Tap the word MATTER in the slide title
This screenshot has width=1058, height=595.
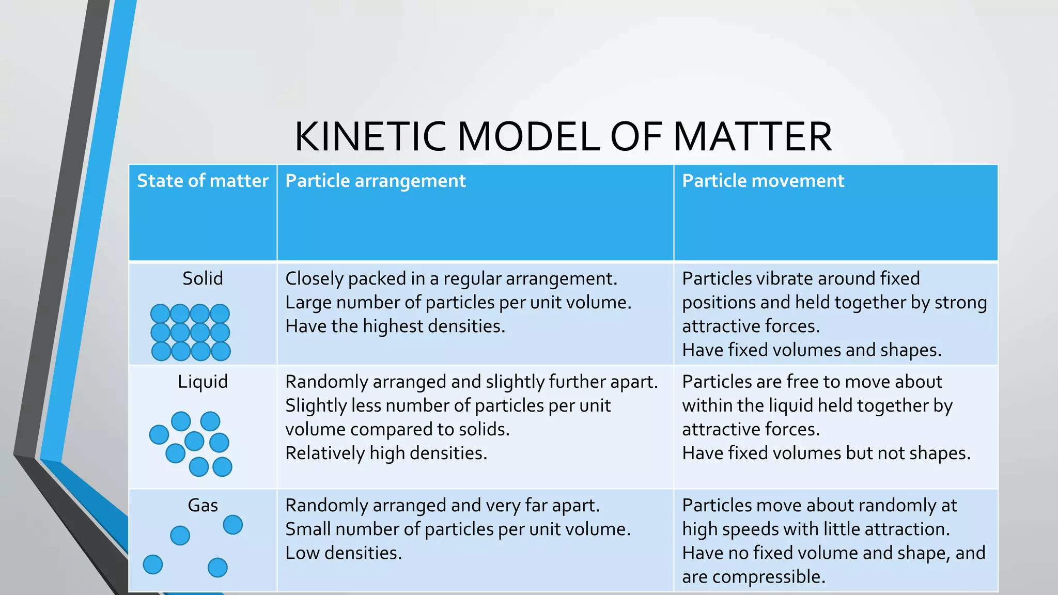pos(752,136)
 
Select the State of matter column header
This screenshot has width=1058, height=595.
pos(203,181)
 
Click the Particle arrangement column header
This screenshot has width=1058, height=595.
pos(376,181)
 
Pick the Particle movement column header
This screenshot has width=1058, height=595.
pos(763,181)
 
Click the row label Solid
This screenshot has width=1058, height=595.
pos(203,278)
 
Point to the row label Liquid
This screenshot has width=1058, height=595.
pos(203,382)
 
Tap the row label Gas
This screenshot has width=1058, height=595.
pos(203,505)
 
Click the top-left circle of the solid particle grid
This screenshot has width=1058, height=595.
pos(160,314)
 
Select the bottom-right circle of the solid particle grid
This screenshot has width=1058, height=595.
pos(221,351)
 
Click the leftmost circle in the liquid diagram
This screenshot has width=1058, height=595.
pos(159,434)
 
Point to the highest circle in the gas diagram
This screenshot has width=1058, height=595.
pos(232,525)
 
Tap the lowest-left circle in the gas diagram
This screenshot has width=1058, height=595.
pos(153,565)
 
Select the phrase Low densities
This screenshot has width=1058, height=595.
pos(344,553)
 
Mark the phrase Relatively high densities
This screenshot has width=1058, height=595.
pos(386,453)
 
